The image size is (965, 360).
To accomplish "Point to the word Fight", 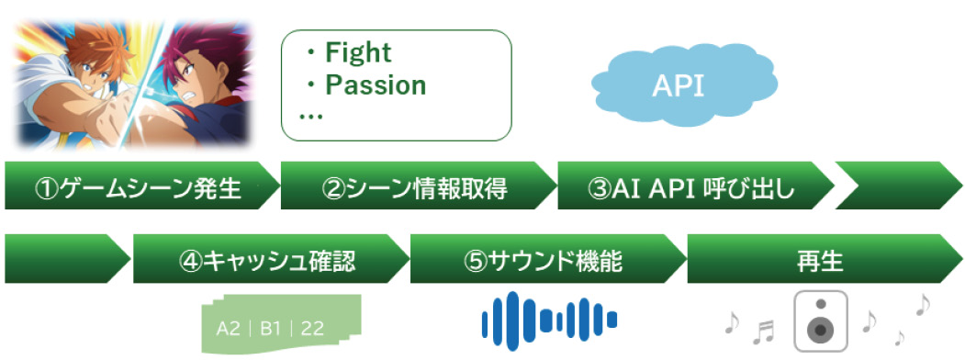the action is [357, 53].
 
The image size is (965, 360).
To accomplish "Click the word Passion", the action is [376, 84].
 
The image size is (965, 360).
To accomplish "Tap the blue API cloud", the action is [684, 86].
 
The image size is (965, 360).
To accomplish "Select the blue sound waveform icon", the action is [549, 320].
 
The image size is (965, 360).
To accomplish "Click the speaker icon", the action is [820, 321].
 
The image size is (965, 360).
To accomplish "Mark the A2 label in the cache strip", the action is [229, 329].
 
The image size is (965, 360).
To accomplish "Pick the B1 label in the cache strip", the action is [270, 329].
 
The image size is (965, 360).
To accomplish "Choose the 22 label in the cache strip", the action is [312, 329].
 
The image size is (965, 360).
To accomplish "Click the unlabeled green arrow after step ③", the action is [900, 186].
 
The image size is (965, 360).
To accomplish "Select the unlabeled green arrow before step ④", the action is [68, 258].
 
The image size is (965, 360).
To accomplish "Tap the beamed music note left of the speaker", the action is [764, 332].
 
